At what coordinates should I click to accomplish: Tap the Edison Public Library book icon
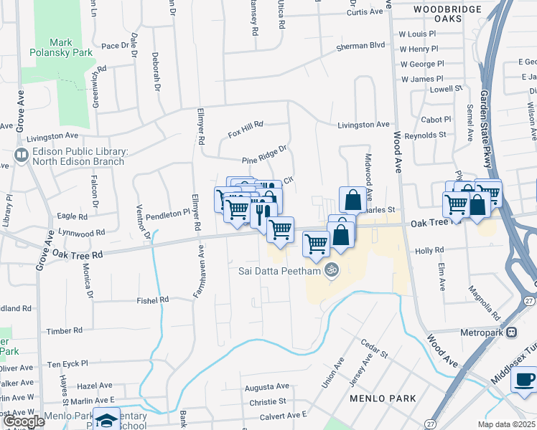click(x=21, y=156)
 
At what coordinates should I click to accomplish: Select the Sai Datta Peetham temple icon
click(x=331, y=270)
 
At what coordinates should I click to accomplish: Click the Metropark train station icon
click(x=511, y=332)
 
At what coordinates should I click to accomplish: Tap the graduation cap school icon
click(x=107, y=419)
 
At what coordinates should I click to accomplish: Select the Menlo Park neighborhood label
click(x=378, y=398)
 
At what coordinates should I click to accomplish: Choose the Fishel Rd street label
click(x=153, y=300)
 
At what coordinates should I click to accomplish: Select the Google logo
click(x=24, y=421)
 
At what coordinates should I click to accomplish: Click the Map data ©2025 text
click(x=505, y=424)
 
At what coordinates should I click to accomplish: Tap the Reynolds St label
click(x=425, y=135)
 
